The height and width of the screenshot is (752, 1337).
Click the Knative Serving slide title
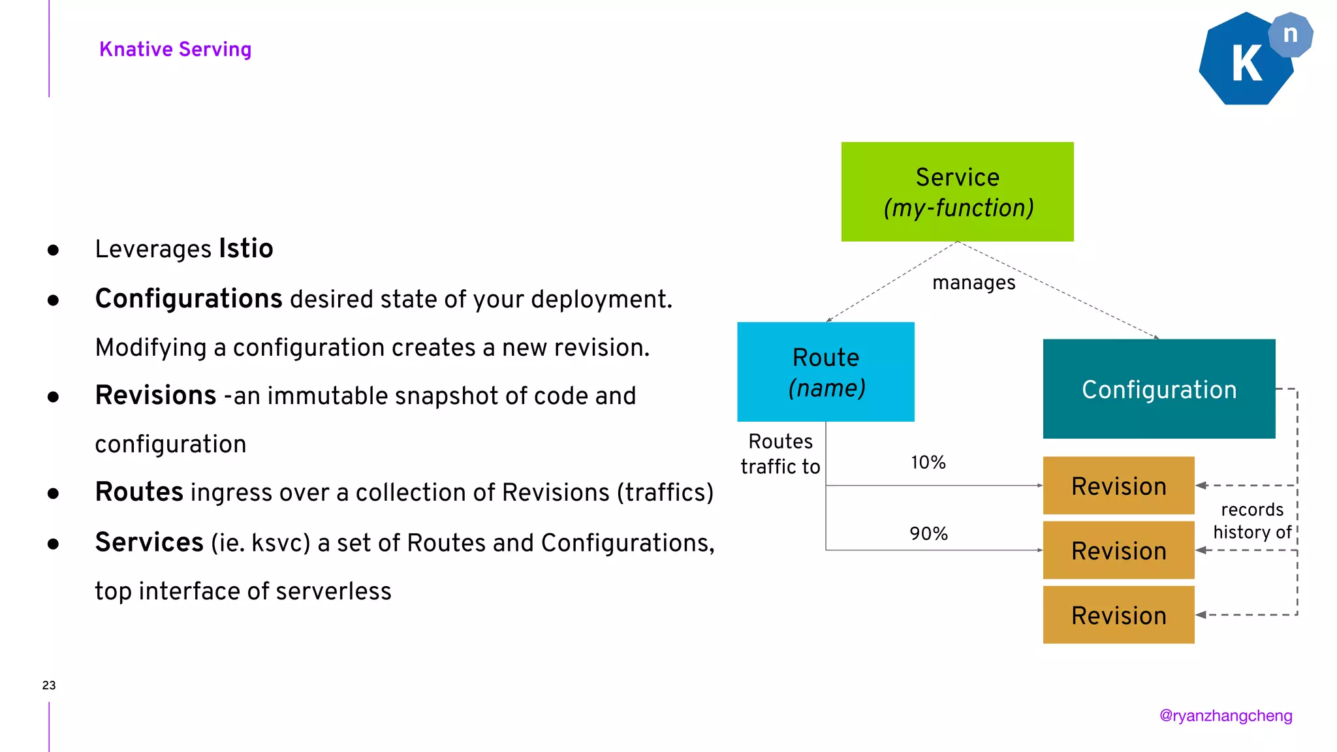[175, 50]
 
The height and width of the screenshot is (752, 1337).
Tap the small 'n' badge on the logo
[1290, 35]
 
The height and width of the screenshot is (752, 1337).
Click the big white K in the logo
[1246, 65]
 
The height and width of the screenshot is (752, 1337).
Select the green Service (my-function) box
[957, 192]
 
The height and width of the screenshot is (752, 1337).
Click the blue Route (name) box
[826, 372]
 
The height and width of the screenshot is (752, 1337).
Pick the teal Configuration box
[1159, 389]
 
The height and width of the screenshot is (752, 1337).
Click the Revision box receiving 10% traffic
[1118, 486]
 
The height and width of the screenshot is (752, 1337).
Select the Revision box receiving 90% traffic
[1118, 551]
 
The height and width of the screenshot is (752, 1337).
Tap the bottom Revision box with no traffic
[1118, 616]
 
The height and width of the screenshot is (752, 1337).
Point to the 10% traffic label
[928, 463]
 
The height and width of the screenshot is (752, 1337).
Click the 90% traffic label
[928, 534]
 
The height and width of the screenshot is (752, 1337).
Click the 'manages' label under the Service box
[973, 283]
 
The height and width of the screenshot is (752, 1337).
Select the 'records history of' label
[1251, 521]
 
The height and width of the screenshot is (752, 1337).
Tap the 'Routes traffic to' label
[780, 454]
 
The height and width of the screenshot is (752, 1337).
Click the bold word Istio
[245, 249]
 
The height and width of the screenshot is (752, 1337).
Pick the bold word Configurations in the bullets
[189, 299]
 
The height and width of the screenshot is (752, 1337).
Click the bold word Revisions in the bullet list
[155, 396]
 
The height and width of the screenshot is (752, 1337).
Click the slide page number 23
[49, 685]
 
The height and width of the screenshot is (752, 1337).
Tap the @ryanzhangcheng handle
[1225, 716]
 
